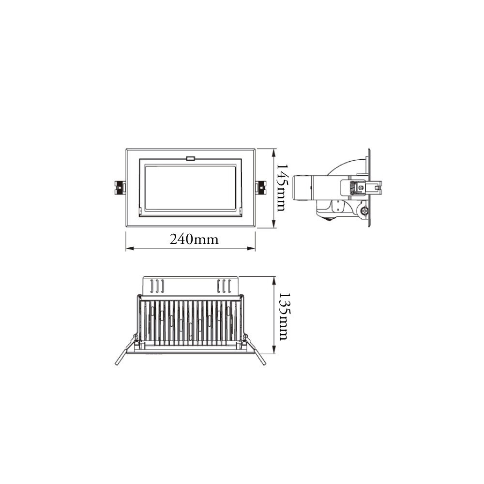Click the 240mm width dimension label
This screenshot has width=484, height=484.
coord(194,239)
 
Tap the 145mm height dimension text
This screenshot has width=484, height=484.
coord(281,188)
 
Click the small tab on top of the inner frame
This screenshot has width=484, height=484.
coord(190,158)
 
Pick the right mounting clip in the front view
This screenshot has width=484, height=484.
coord(260,188)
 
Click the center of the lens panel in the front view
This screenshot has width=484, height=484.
coord(190,187)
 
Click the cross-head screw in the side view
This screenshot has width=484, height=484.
coord(363,211)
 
